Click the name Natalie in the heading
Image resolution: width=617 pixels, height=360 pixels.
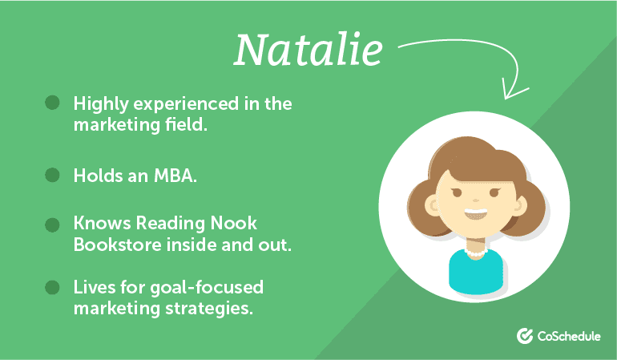[x=308, y=50]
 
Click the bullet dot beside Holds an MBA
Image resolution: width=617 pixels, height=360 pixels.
[x=52, y=175]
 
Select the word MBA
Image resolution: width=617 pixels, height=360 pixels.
[x=175, y=176]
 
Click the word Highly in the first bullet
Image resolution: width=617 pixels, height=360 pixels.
[x=101, y=104]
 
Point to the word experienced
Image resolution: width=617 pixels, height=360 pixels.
[x=186, y=105]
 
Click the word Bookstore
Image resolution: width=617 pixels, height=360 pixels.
[x=118, y=245]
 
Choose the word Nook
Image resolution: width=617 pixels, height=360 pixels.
[x=234, y=224]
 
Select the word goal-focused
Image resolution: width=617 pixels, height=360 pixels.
[x=207, y=288]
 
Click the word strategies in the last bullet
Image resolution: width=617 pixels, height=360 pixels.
[x=209, y=309]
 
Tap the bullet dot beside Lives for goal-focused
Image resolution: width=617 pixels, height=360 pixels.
[x=52, y=287]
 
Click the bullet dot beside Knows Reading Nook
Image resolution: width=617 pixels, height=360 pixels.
[x=52, y=224]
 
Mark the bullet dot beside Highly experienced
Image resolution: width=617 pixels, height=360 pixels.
[x=52, y=103]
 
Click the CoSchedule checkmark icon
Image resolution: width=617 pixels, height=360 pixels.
[x=525, y=336]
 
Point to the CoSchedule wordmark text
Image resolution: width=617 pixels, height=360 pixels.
[x=569, y=337]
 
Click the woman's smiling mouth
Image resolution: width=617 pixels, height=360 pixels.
[x=476, y=214]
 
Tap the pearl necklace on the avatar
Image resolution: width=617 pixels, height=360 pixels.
[x=476, y=253]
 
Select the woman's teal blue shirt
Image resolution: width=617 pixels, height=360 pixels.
[x=476, y=272]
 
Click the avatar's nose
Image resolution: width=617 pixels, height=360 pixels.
[x=476, y=200]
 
